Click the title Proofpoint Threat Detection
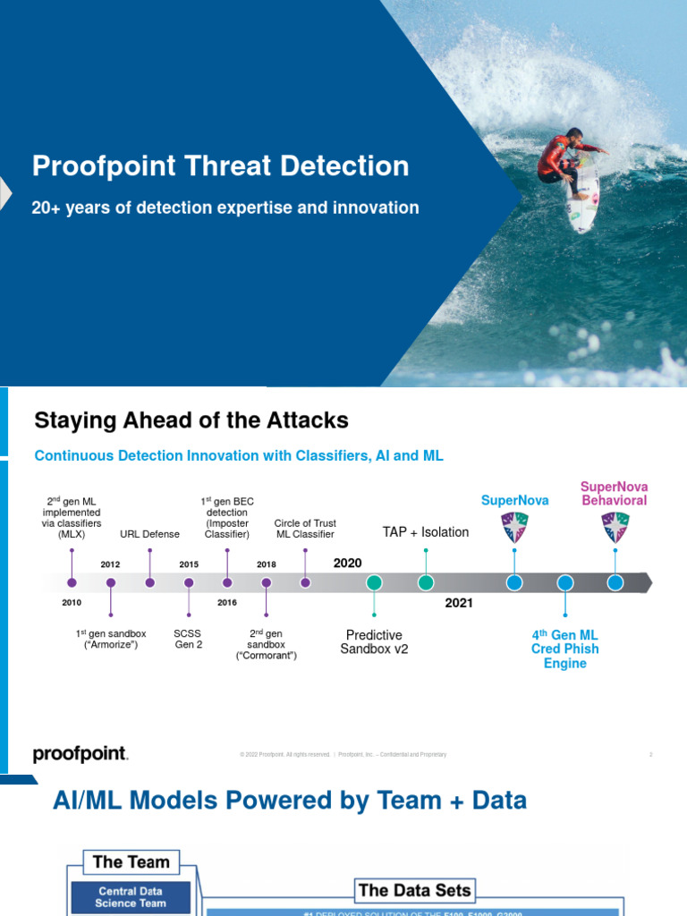221,166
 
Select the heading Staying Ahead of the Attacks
191,420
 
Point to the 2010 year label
72,603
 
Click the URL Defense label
149,534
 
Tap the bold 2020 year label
348,563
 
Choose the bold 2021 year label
459,603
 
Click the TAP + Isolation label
426,532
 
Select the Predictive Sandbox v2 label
374,642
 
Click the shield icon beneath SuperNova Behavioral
615,527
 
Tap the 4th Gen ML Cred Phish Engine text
564,649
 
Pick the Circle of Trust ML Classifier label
305,529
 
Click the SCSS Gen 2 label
189,639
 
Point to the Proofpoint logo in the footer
81,754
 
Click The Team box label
131,862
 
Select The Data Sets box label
413,890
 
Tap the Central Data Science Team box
131,897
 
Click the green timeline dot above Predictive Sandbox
374,582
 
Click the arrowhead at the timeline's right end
647,583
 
